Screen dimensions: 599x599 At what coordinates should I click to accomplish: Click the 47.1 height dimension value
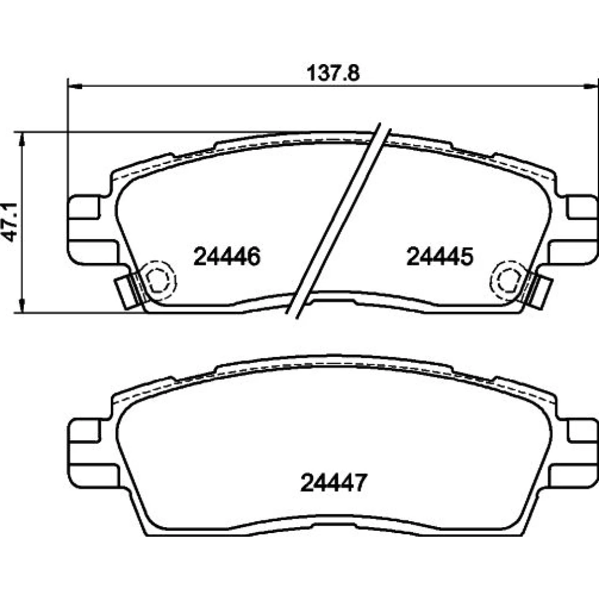pyautogui.click(x=10, y=222)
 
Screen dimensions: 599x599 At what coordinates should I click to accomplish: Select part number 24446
pyautogui.click(x=227, y=256)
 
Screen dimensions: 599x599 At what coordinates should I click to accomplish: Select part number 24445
pyautogui.click(x=440, y=256)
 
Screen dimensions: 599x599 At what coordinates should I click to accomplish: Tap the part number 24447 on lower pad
pyautogui.click(x=334, y=482)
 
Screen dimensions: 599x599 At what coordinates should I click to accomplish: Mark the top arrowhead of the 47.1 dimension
pyautogui.click(x=22, y=140)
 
